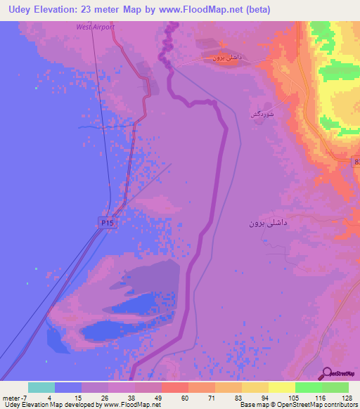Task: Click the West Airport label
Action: click(95, 27)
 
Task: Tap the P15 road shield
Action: click(105, 222)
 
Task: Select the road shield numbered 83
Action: click(356, 162)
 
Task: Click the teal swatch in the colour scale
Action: click(41, 387)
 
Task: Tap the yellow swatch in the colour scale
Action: click(281, 387)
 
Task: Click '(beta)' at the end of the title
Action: click(254, 10)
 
